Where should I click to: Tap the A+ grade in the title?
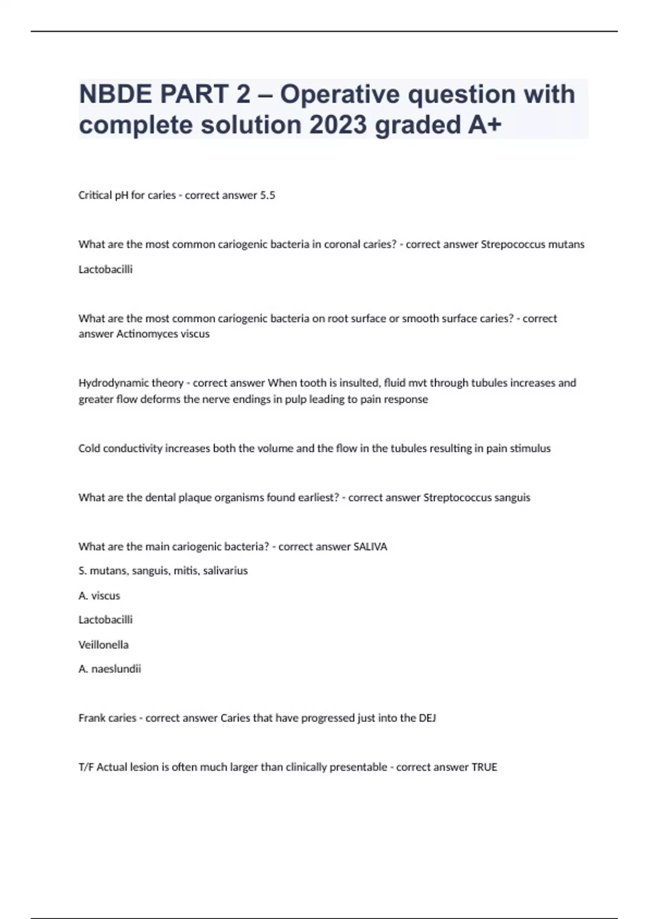coord(484,125)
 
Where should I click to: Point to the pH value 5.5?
coord(268,195)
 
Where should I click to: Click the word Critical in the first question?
coord(95,195)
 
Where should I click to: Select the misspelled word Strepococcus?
coord(513,244)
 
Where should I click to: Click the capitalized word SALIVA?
coord(370,547)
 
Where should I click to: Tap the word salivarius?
coord(226,571)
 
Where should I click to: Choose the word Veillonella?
coord(103,645)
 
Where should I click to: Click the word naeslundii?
coord(116,669)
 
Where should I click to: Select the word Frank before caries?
coord(91,718)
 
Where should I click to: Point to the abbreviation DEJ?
coord(427,718)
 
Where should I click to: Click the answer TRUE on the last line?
coord(484,767)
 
